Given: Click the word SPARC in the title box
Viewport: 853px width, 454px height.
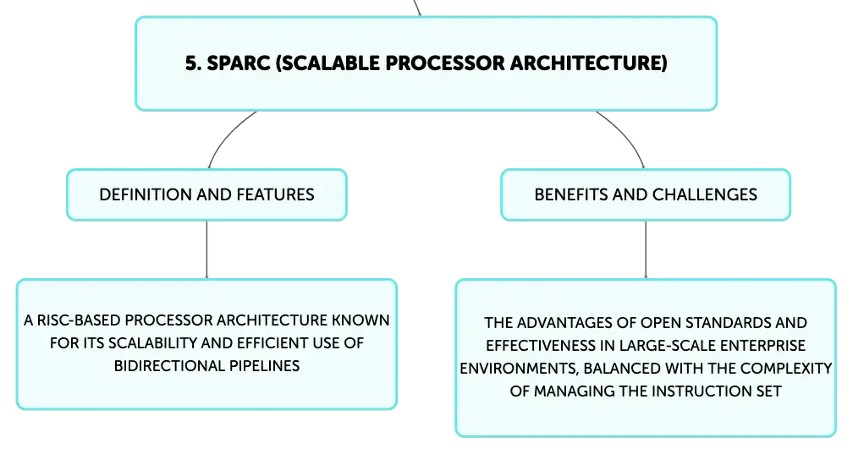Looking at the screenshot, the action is point(239,63).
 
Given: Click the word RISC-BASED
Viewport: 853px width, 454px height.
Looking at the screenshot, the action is point(79,320).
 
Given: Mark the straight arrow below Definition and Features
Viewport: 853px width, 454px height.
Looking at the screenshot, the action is point(206,250).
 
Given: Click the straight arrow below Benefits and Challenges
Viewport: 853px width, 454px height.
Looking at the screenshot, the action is point(646,250).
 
